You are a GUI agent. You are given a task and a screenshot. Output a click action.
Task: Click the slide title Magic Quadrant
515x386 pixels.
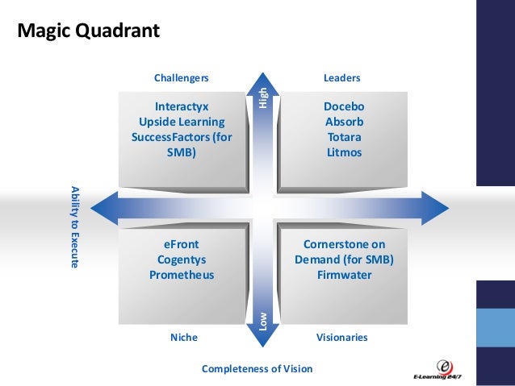89,31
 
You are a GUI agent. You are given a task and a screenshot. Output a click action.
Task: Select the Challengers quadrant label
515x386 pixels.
181,78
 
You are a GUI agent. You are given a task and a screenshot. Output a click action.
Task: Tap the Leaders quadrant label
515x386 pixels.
341,78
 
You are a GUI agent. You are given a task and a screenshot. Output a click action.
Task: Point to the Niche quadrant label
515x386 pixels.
183,337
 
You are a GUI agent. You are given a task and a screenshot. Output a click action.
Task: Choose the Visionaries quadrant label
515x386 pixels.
341,337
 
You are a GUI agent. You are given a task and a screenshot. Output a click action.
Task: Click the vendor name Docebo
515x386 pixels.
344,106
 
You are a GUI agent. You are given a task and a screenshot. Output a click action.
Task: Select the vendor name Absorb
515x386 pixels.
344,122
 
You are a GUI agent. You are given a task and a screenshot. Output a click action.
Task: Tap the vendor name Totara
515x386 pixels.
344,137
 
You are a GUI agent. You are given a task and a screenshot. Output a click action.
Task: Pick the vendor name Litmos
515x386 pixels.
344,152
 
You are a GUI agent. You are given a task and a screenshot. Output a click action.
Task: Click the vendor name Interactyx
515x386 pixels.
182,106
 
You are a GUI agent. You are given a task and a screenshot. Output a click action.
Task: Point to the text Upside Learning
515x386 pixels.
182,122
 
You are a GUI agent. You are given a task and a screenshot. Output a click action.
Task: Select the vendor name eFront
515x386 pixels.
182,244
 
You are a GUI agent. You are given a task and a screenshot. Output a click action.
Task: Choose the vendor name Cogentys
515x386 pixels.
182,259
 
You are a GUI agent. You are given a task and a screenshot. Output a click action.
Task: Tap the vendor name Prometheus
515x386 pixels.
182,275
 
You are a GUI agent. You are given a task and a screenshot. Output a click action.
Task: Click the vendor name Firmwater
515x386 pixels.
344,275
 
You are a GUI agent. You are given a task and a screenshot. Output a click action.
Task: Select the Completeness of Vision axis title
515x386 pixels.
257,369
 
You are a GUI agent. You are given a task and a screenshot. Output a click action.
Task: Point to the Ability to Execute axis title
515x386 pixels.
74,226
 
